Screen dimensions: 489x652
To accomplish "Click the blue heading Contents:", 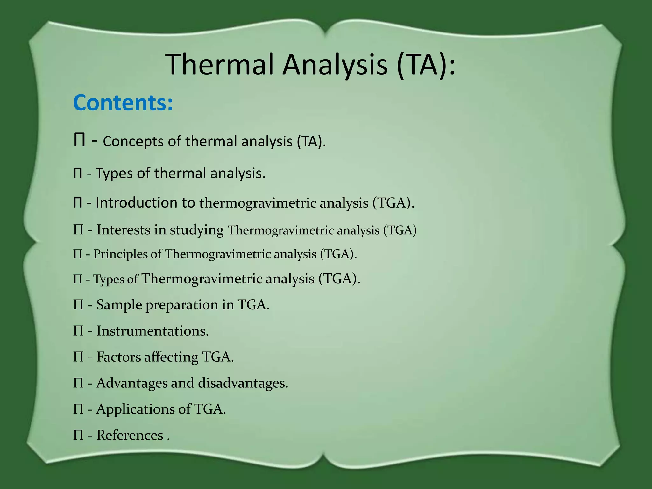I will (123, 103).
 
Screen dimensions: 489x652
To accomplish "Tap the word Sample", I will (119, 305).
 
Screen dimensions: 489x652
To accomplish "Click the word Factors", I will (118, 357).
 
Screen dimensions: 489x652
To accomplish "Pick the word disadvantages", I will (243, 383).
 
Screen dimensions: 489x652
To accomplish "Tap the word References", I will (130, 435).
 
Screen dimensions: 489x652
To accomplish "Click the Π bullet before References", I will (78, 435).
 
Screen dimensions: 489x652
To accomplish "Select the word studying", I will (196, 230).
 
